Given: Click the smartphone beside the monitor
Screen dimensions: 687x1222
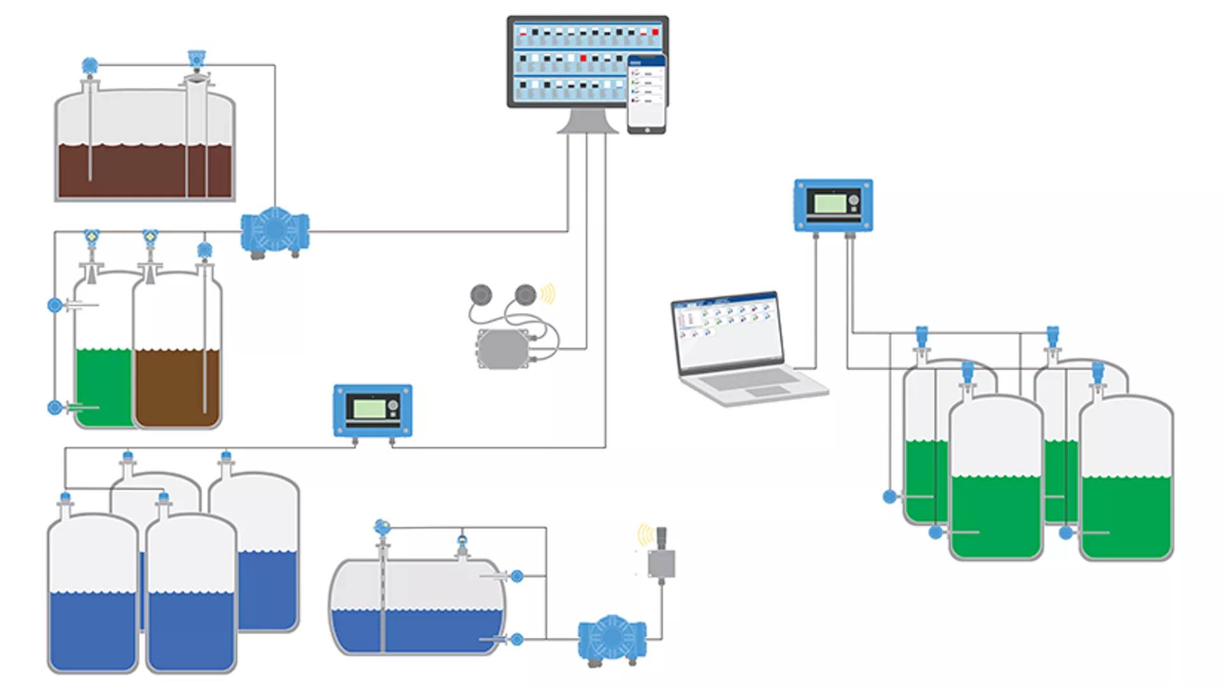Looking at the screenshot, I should pos(647,94).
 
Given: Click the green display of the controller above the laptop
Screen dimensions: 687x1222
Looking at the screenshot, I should pos(830,204).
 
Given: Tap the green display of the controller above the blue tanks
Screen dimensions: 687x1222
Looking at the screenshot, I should pos(369,408).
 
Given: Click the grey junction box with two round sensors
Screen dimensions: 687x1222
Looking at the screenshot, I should pos(503,349).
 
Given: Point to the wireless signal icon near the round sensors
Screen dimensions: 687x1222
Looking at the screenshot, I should pos(547,294).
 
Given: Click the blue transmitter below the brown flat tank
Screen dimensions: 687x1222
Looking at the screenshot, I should pos(275,230).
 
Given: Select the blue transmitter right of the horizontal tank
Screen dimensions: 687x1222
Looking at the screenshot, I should pos(612,637).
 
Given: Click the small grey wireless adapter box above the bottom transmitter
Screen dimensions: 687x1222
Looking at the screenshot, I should pos(661,563).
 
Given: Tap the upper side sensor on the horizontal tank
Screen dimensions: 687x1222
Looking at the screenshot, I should pos(517,576).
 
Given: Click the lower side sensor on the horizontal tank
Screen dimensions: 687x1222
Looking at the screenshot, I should pos(517,639).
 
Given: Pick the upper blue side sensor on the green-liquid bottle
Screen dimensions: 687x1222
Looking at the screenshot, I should pos(55,305).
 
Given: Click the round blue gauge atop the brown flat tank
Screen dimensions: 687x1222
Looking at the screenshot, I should pos(90,65).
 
